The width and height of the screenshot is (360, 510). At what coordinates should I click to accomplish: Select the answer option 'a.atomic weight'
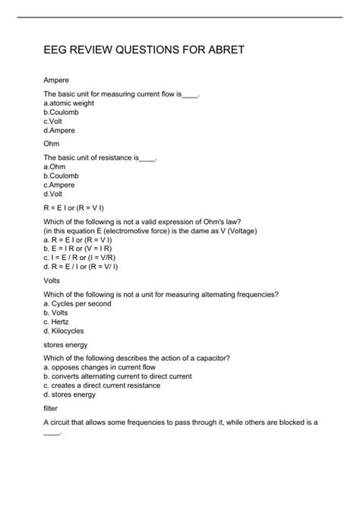coord(69,102)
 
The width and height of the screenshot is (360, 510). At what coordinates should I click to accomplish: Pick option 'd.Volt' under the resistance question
coord(54,194)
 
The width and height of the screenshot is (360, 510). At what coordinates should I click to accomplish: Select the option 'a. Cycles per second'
coord(77,303)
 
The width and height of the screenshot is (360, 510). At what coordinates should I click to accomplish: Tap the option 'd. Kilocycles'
coord(64,331)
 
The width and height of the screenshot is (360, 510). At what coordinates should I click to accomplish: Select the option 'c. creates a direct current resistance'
coord(102,385)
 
